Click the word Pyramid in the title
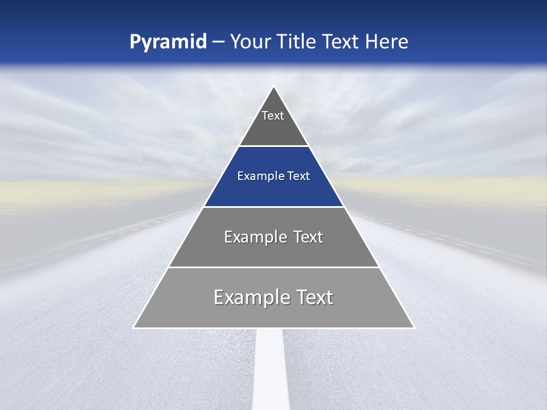pyautogui.click(x=168, y=42)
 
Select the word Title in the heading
pyautogui.click(x=297, y=42)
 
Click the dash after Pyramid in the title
pyautogui.click(x=218, y=42)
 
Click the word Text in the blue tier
pyautogui.click(x=298, y=176)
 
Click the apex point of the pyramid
pyautogui.click(x=274, y=87)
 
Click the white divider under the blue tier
pyautogui.click(x=273, y=207)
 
